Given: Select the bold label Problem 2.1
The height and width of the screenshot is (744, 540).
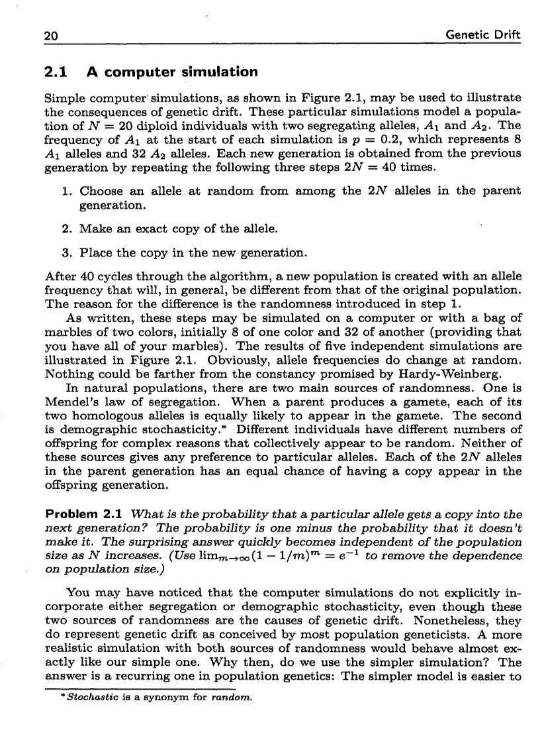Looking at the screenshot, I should (85, 515).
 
